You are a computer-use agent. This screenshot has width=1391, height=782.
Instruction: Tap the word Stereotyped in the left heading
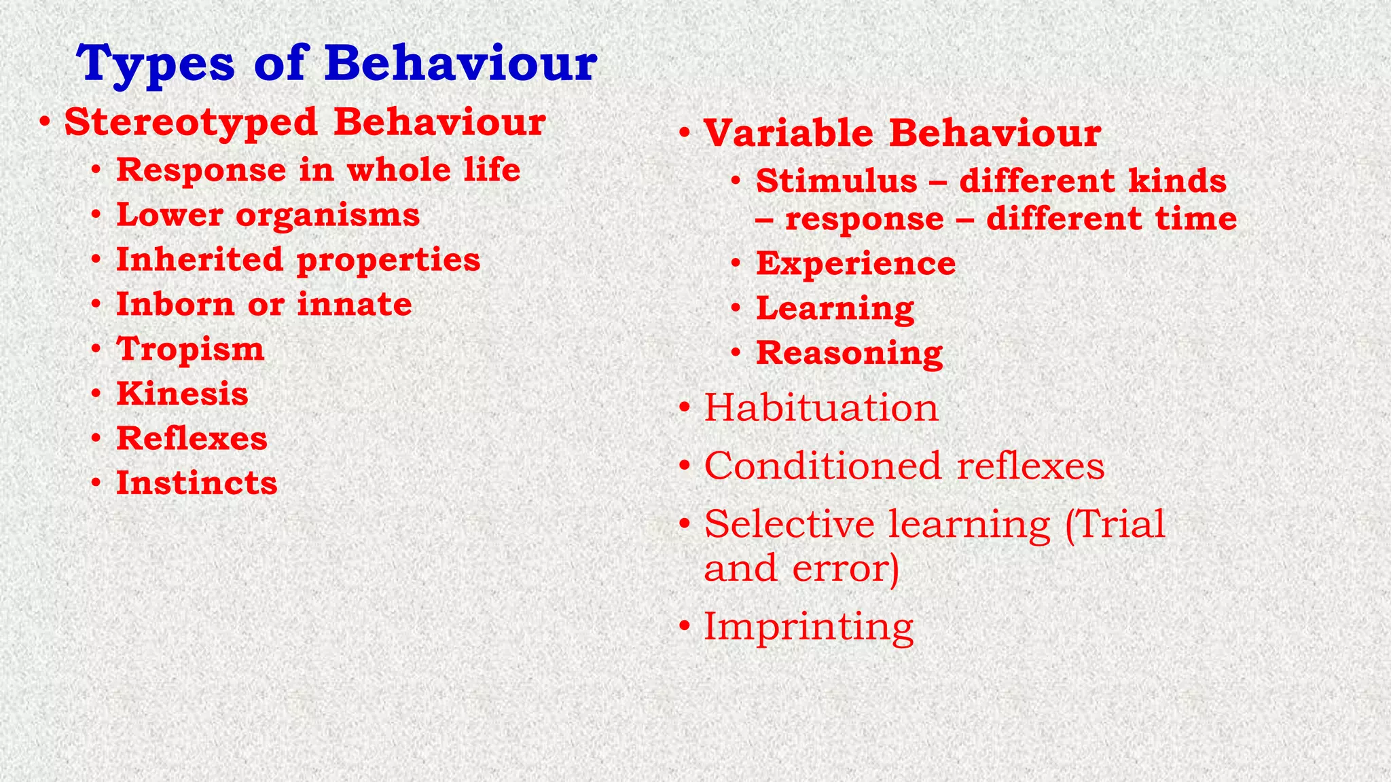pyautogui.click(x=191, y=123)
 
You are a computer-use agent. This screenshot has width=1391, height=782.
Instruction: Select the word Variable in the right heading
pyautogui.click(x=788, y=133)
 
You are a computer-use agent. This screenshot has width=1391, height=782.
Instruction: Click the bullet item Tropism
pyautogui.click(x=190, y=350)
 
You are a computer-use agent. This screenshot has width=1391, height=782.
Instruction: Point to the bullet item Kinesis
pyautogui.click(x=182, y=394)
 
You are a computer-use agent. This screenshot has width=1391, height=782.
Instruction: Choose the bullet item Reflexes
pyautogui.click(x=192, y=439)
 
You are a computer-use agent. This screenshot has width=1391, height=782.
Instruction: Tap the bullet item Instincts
pyautogui.click(x=196, y=483)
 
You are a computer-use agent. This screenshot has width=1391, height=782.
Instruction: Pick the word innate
pyautogui.click(x=354, y=305)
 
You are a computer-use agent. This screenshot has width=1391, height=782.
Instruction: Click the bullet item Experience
pyautogui.click(x=855, y=263)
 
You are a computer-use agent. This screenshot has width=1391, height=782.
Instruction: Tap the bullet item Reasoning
pyautogui.click(x=849, y=353)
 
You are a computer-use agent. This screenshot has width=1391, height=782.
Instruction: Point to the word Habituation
pyautogui.click(x=820, y=408)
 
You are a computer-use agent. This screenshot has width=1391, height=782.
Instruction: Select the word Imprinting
pyautogui.click(x=808, y=627)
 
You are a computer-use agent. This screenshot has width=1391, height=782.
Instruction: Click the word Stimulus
pyautogui.click(x=836, y=181)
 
